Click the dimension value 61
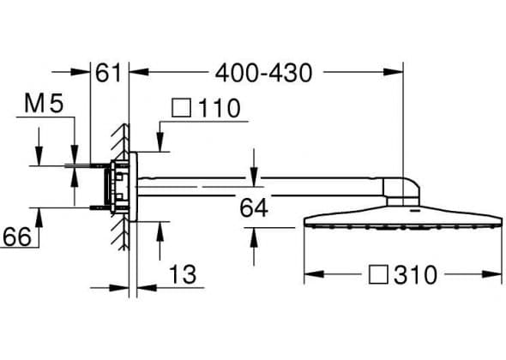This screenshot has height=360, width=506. tap(108, 73)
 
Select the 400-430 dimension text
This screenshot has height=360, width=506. tap(263, 73)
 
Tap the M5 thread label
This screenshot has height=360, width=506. tap(44, 104)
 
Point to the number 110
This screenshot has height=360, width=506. tap(220, 108)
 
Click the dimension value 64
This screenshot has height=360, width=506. tap(254, 208)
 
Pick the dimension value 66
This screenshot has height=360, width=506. tap(17, 237)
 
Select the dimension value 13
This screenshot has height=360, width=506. tap(183, 274)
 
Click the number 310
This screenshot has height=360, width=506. tap(415, 275)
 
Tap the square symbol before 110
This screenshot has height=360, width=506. tap(181, 108)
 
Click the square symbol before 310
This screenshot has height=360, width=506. tap(378, 275)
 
